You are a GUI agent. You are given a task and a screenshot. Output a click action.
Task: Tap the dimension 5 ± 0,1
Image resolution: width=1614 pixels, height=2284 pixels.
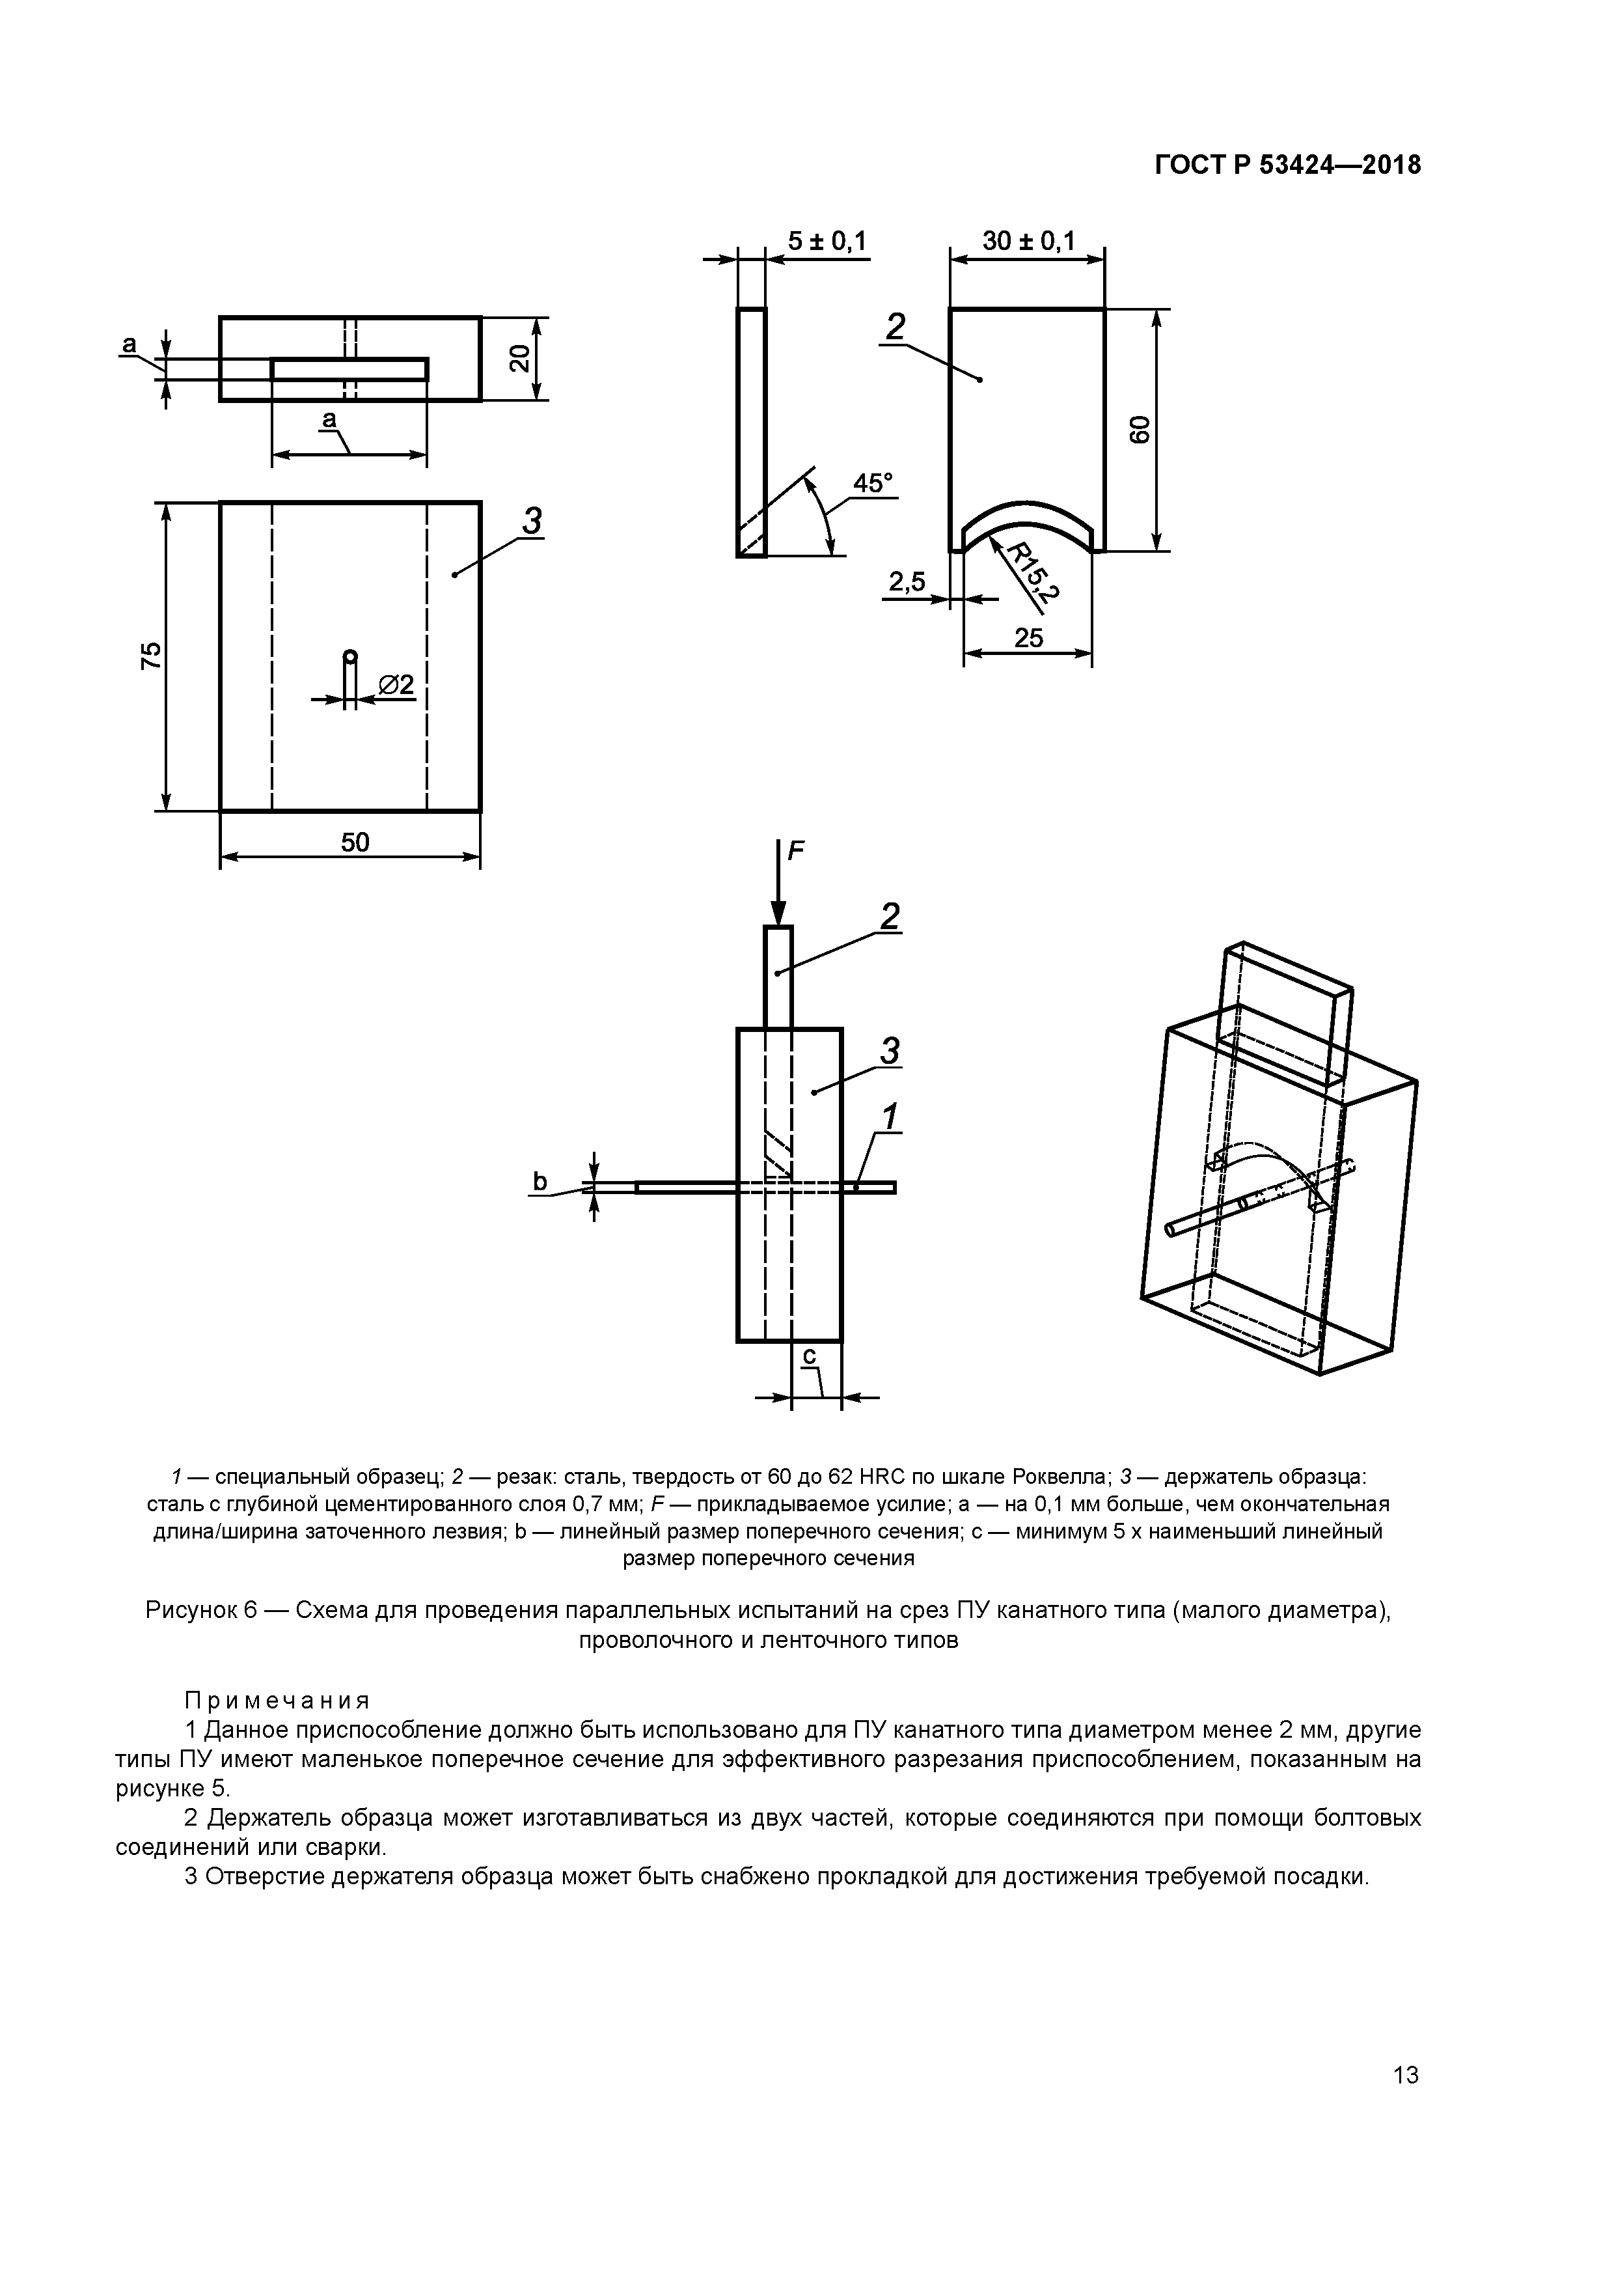pos(827,242)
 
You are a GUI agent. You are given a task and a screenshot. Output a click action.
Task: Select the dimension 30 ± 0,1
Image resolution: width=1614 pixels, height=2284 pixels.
pos(1028,242)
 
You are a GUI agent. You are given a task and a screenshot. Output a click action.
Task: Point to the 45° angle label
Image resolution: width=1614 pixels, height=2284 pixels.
pos(873,484)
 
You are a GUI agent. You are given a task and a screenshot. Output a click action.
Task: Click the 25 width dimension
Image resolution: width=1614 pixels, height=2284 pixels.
pos(1028,637)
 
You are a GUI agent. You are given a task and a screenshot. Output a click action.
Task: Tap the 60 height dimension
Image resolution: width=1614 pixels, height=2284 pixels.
pos(1140,430)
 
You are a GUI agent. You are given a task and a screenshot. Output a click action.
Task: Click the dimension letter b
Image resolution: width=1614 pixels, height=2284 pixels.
pos(540,1182)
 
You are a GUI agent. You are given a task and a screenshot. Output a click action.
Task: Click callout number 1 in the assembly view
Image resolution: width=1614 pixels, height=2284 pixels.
pos(890,1117)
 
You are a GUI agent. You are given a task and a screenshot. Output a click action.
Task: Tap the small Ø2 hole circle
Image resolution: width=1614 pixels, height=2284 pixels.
pos(350,656)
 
